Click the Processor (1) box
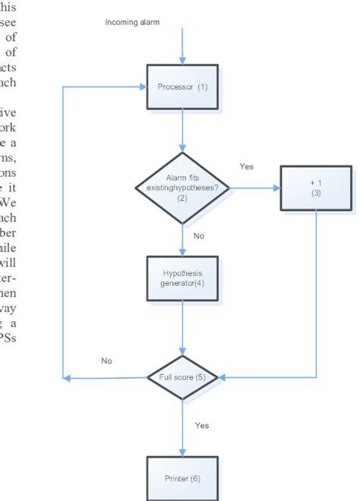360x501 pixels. click(x=182, y=86)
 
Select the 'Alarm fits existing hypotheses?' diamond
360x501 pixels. click(x=182, y=187)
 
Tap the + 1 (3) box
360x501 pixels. click(x=315, y=188)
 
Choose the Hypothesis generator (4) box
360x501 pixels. click(x=182, y=279)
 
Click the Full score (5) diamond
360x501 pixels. click(x=182, y=377)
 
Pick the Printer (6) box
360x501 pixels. click(x=182, y=477)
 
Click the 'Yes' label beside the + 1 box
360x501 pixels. click(x=247, y=166)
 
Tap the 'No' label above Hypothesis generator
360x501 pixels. click(x=198, y=236)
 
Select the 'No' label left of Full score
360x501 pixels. click(x=106, y=361)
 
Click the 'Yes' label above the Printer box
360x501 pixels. click(x=202, y=426)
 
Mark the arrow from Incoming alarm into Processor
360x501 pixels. click(x=182, y=46)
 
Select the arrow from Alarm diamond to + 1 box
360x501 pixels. click(x=254, y=188)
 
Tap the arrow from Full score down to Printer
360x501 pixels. click(x=182, y=429)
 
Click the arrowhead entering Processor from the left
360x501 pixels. click(x=142, y=86)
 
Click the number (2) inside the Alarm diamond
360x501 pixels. click(x=182, y=198)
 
